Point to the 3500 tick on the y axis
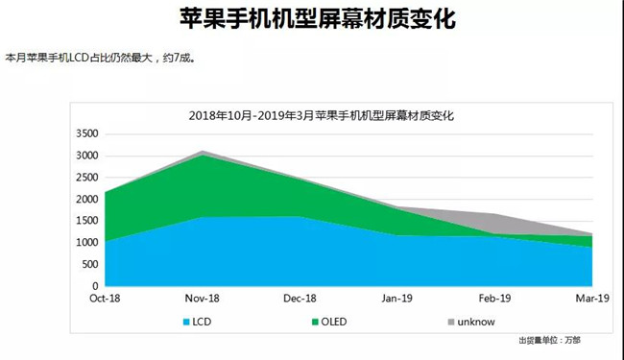(x=86, y=134)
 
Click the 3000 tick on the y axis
(x=86, y=156)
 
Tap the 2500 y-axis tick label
(x=86, y=178)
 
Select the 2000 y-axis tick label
(x=86, y=200)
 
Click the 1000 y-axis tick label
(x=86, y=243)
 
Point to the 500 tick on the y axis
(x=89, y=265)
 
